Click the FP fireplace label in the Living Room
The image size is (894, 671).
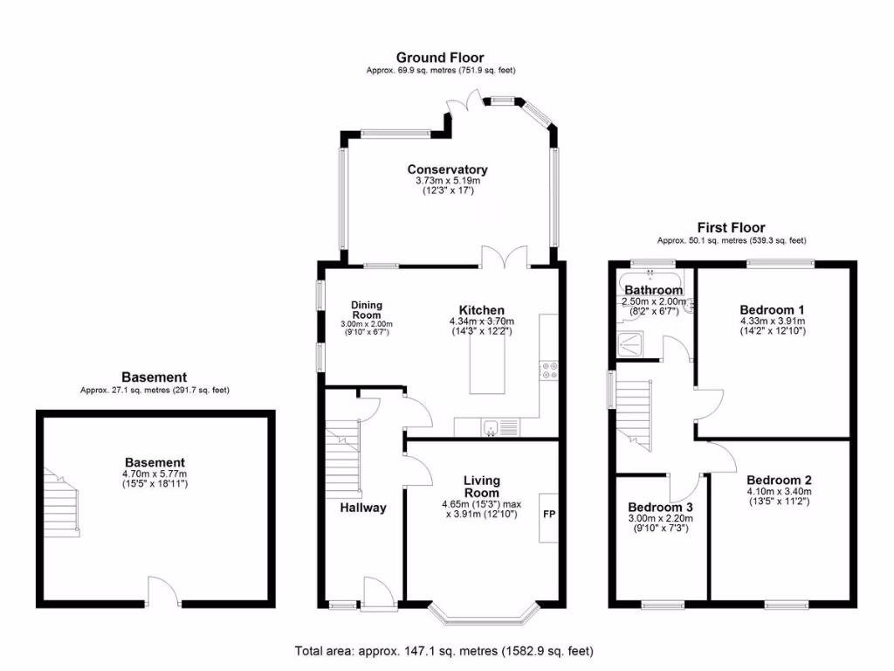[x=549, y=514]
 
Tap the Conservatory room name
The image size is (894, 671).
[x=447, y=169]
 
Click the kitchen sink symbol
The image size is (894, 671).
[x=492, y=427]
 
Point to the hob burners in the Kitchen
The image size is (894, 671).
[x=550, y=370]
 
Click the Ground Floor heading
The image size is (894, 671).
[x=440, y=58]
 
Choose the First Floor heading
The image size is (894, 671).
[x=731, y=227]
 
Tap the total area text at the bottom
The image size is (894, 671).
[x=445, y=651]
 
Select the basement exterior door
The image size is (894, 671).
[x=163, y=594]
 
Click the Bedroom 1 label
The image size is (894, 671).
[x=772, y=309]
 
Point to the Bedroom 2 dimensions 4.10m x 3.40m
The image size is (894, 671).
[x=779, y=493]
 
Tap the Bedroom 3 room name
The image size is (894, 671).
[x=661, y=508]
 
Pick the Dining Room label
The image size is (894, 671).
[x=367, y=309]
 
